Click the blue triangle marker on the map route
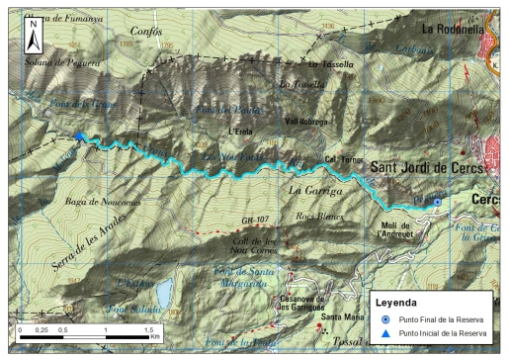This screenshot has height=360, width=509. coord(79,137)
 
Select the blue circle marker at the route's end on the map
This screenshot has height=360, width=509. coord(438,202)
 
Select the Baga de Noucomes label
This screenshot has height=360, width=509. coord(102,202)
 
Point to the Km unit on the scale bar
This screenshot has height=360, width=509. coord(155,336)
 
